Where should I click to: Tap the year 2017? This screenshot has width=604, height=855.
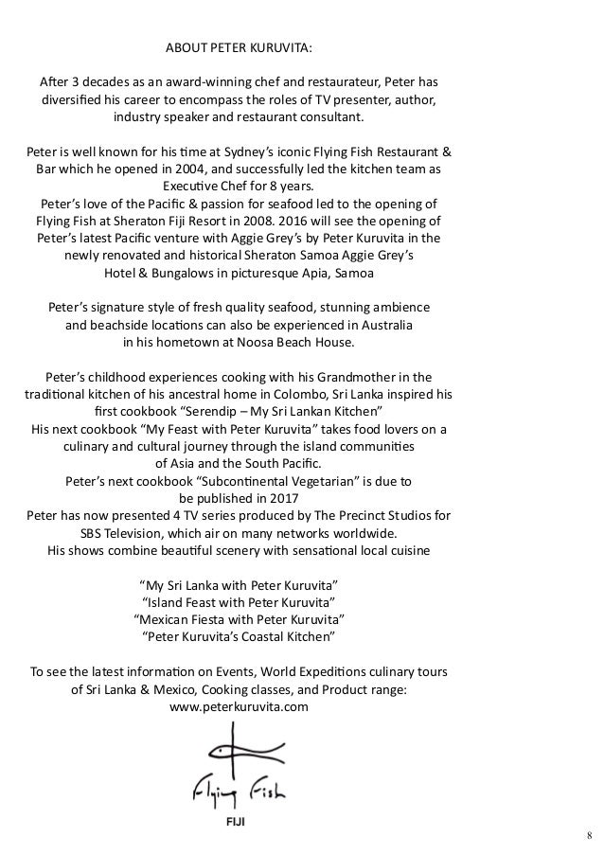pyautogui.click(x=280, y=497)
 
